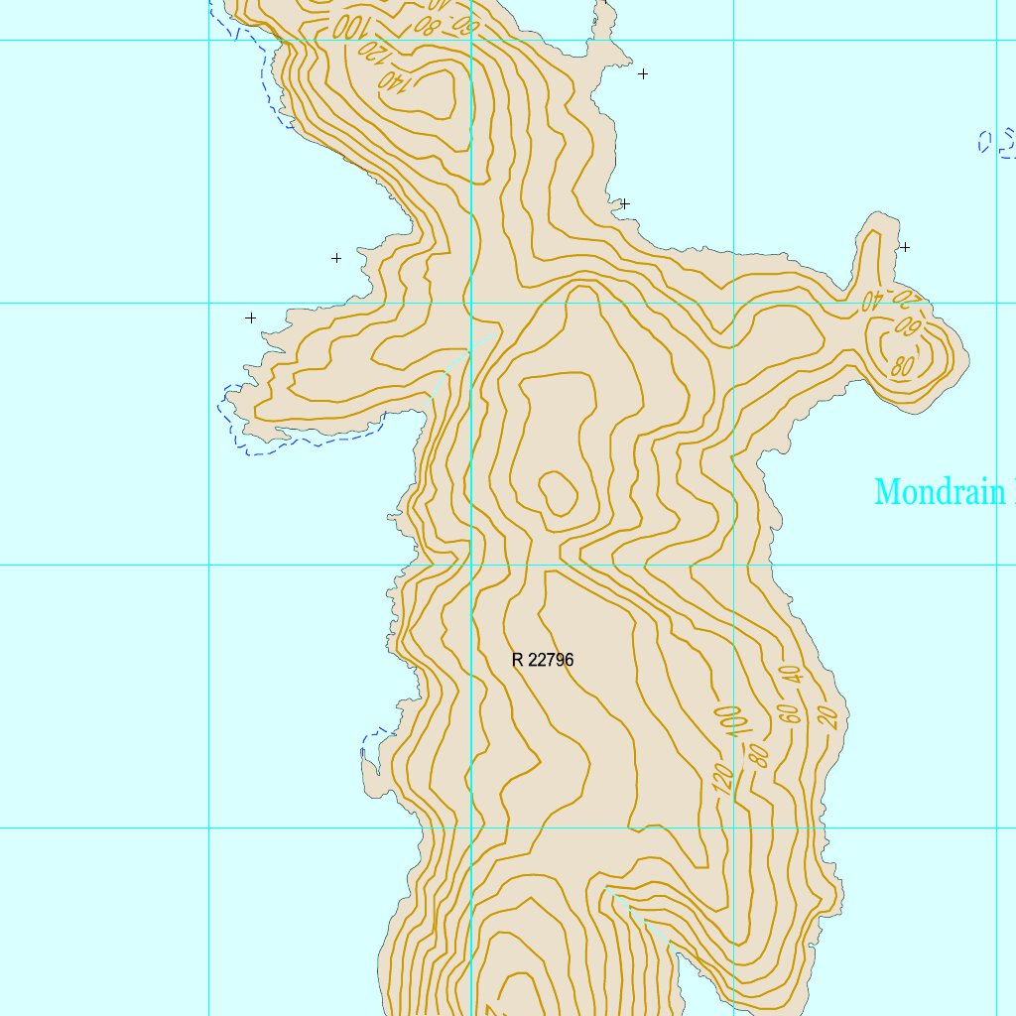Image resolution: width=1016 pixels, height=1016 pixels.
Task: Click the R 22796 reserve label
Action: (543, 660)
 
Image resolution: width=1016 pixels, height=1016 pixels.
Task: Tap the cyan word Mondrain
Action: (939, 492)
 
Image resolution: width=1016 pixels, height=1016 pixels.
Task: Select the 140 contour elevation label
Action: (394, 82)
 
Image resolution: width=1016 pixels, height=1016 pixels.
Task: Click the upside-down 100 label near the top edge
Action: (348, 26)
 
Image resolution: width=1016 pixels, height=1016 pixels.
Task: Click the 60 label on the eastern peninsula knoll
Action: (906, 324)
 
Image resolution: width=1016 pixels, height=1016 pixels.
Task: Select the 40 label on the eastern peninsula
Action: (871, 298)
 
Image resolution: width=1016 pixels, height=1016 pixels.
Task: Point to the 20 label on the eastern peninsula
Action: (905, 296)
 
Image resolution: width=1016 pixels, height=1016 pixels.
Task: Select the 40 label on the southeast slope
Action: (791, 675)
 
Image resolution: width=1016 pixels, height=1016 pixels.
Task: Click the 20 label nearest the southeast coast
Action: (830, 716)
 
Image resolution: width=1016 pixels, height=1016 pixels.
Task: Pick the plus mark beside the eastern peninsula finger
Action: (904, 247)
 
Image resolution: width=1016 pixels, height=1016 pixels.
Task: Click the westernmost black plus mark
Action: (251, 318)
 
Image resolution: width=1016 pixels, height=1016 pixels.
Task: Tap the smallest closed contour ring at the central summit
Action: (558, 493)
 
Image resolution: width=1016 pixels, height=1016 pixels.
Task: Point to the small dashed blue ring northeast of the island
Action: (984, 142)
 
